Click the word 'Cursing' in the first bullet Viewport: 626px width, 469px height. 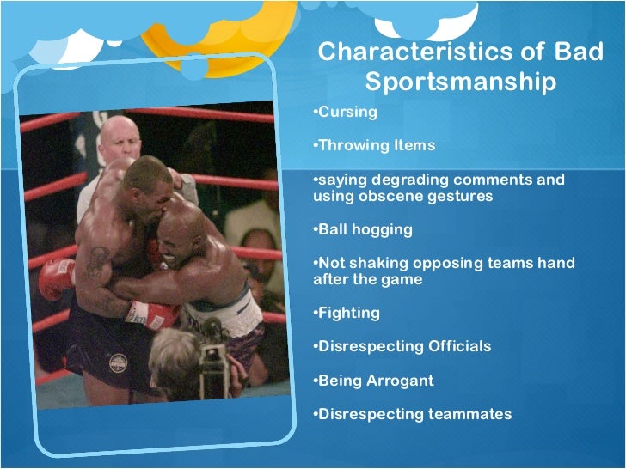(348, 113)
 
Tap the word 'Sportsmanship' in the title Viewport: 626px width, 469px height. (460, 82)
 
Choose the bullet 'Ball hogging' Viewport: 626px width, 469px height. (365, 229)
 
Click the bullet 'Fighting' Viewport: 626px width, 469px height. (350, 313)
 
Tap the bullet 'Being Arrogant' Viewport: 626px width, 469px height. (376, 380)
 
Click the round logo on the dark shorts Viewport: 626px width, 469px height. (118, 362)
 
